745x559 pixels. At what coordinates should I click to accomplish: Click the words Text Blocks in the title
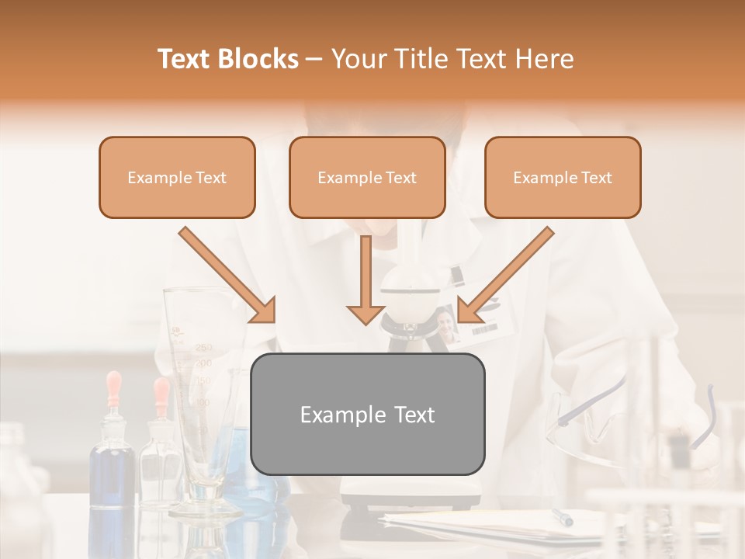(228, 59)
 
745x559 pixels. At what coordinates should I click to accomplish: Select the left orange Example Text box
(177, 178)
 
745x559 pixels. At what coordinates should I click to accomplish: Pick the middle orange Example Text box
(367, 178)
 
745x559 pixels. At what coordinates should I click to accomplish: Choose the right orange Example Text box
(563, 178)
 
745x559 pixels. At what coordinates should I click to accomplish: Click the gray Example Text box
(368, 415)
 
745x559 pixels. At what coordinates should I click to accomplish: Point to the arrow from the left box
(227, 275)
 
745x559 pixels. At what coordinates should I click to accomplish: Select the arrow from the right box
(506, 275)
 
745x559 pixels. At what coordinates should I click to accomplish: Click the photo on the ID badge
(445, 323)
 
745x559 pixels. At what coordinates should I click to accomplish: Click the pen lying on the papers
(562, 517)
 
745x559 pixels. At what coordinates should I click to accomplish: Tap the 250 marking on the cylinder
(203, 347)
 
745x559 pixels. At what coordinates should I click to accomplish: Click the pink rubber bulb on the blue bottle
(114, 385)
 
